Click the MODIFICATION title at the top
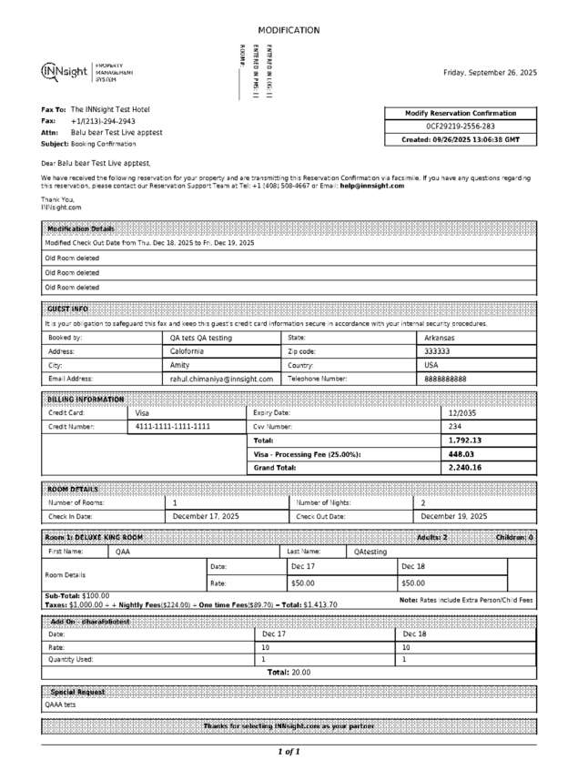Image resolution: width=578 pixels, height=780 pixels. coord(289,31)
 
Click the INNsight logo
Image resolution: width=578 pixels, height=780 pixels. coord(65,72)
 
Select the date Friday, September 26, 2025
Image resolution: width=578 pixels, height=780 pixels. coord(490,72)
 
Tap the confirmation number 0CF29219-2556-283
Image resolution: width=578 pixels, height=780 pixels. coord(461,127)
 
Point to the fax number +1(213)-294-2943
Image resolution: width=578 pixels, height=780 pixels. coord(103,120)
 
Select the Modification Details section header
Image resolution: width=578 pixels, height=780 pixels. coord(81,228)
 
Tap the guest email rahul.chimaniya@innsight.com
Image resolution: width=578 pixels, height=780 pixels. coord(221,378)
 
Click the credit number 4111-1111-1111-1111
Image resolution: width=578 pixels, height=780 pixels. coord(173,426)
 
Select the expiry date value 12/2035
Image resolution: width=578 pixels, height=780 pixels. coord(463,412)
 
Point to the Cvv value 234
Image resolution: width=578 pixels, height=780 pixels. coord(455,426)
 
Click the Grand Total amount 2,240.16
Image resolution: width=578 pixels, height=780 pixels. coord(465,467)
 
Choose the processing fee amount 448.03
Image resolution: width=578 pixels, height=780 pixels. coord(462,453)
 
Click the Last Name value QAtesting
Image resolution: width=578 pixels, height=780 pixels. coord(370,552)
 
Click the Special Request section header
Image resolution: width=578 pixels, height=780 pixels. coord(77,692)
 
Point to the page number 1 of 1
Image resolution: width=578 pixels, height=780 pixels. coord(289,752)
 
